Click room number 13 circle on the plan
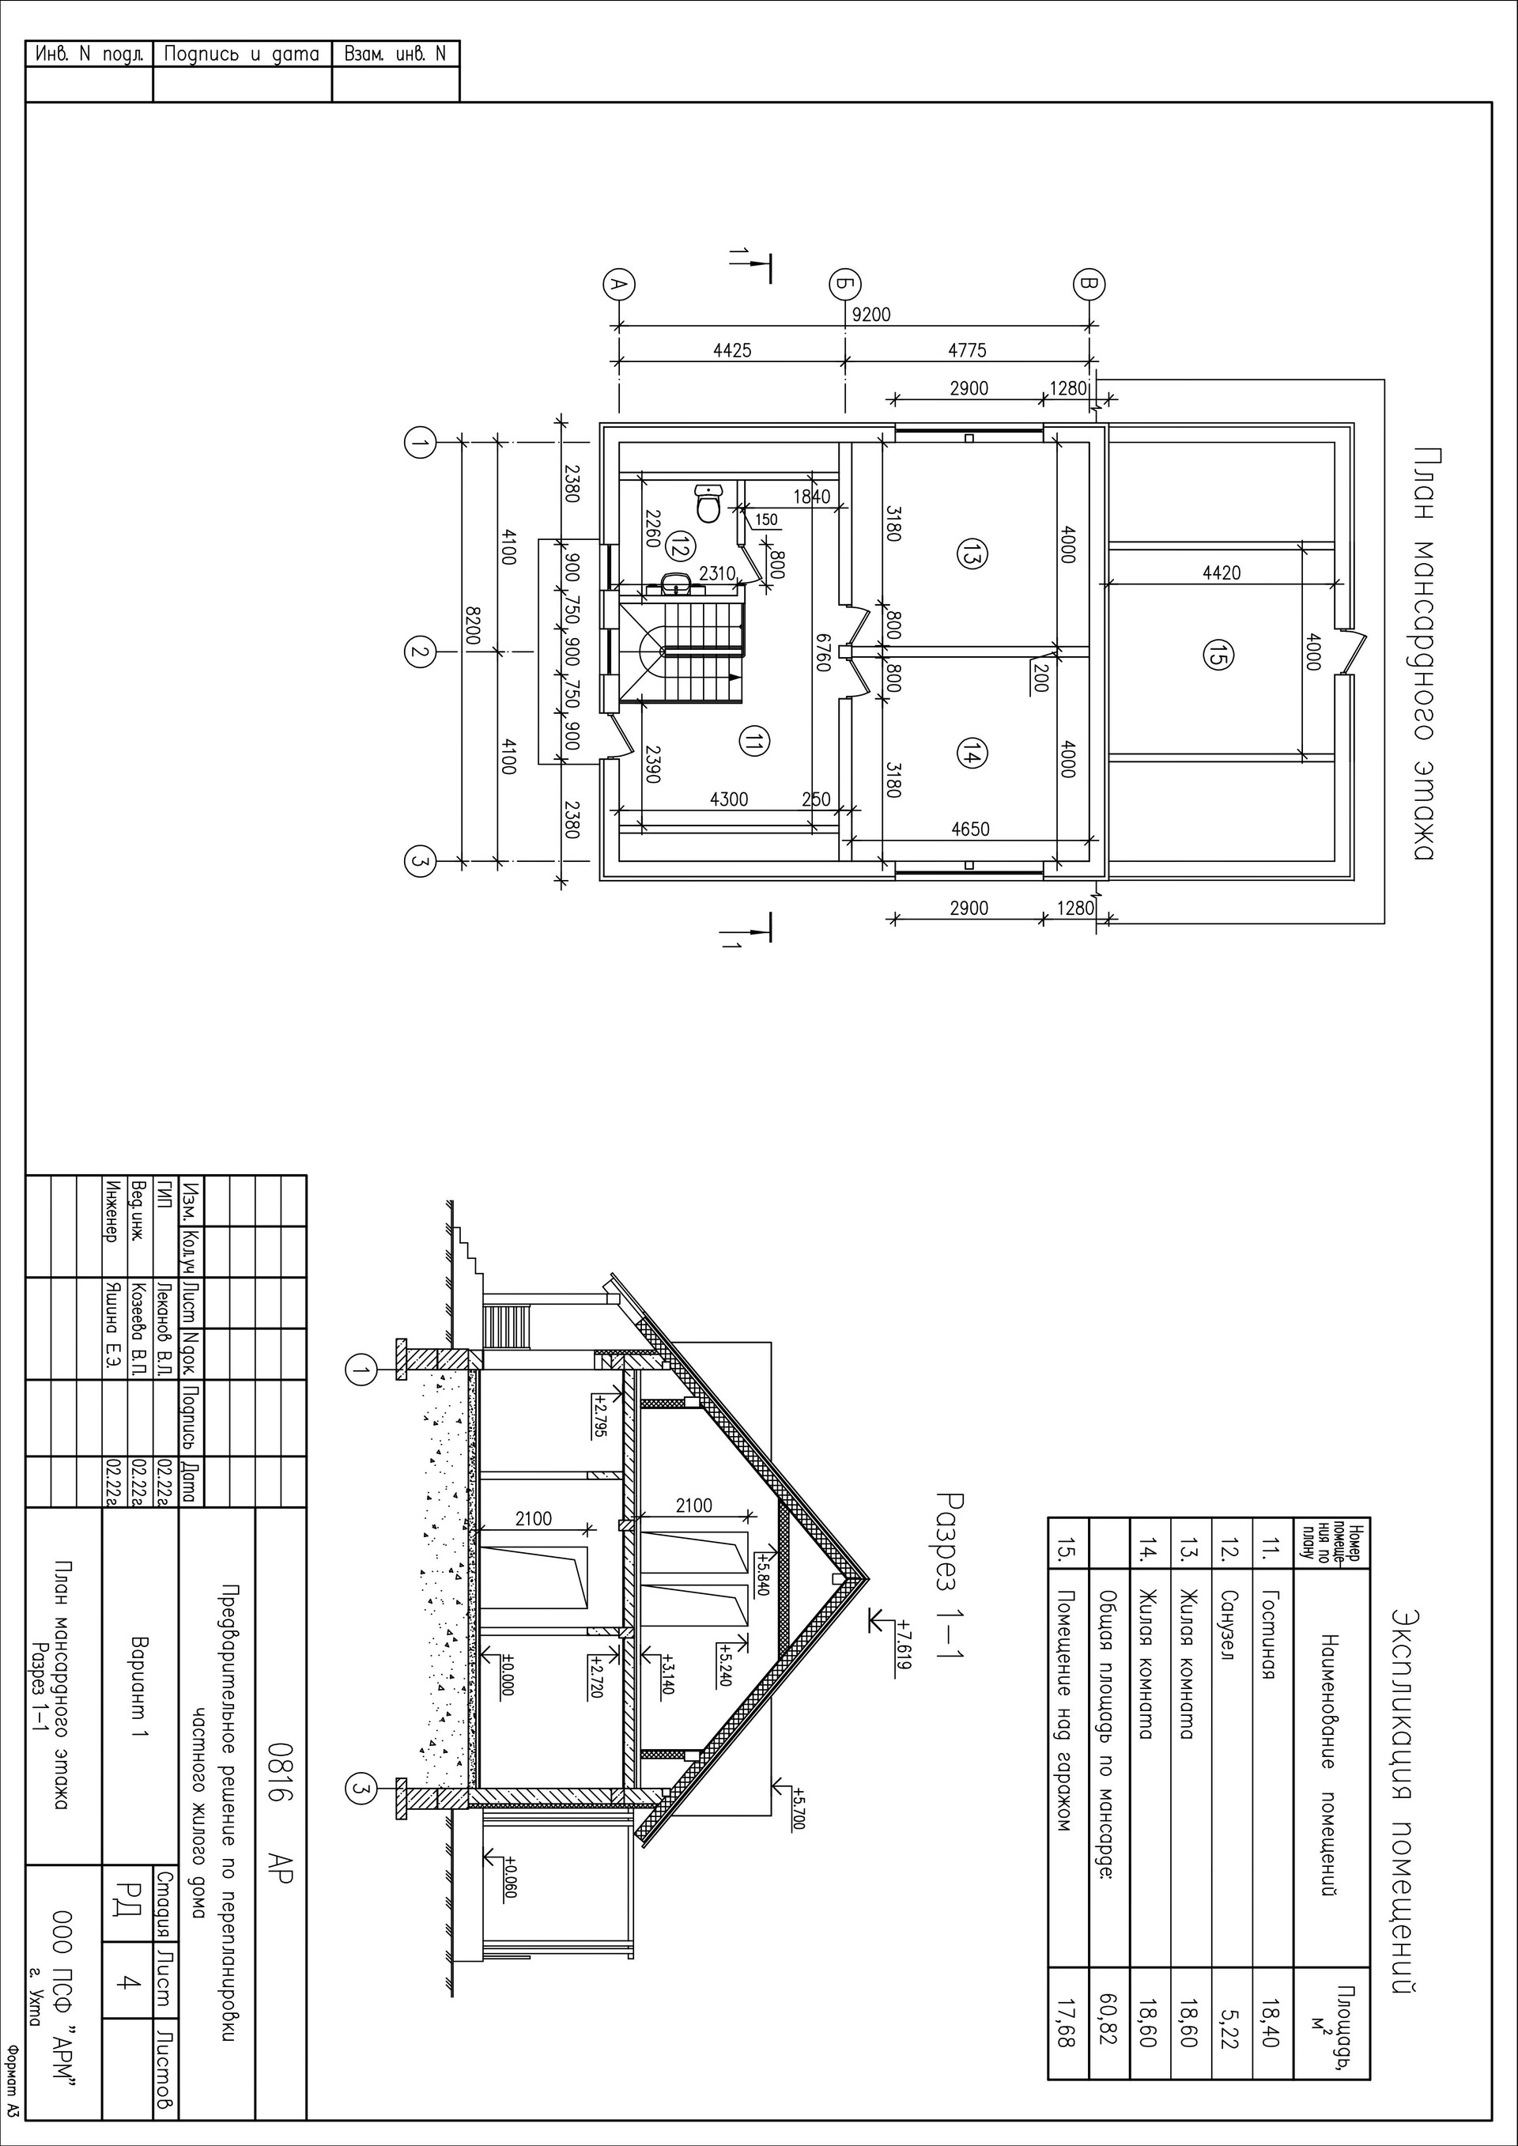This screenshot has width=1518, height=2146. click(x=969, y=554)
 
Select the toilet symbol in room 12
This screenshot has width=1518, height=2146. click(x=708, y=503)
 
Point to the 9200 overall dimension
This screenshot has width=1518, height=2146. click(x=872, y=315)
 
